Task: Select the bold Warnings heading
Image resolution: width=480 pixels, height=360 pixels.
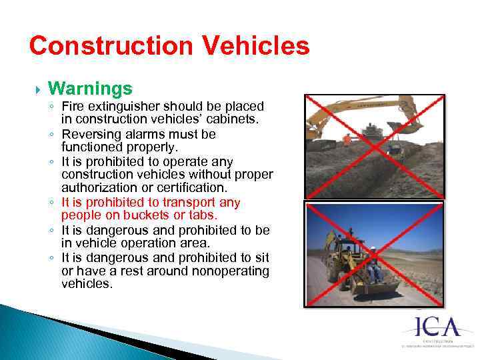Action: point(90,88)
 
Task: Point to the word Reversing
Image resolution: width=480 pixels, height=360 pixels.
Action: point(90,134)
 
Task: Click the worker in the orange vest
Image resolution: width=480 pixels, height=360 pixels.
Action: point(347,141)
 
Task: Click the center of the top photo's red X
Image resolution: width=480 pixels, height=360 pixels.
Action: point(374,146)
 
